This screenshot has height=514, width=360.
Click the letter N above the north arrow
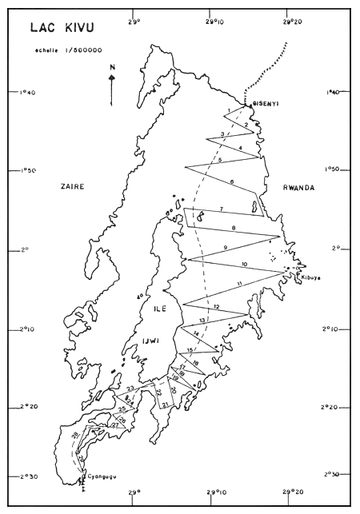tap(111, 69)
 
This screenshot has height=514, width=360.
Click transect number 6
tap(232, 182)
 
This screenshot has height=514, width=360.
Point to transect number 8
tap(233, 229)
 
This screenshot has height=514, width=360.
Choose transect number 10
tap(243, 264)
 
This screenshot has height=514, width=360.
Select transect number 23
tap(130, 388)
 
